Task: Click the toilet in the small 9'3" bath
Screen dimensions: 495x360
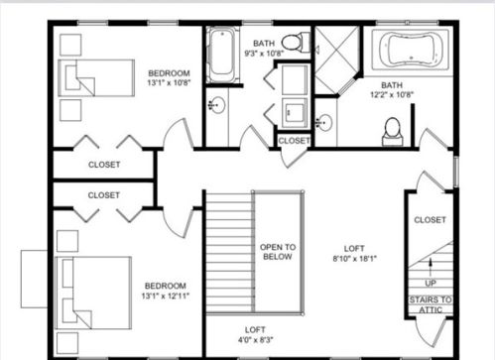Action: (x=296, y=42)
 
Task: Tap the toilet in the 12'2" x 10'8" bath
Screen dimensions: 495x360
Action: (x=393, y=132)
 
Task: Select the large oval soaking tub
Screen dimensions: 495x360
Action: (x=411, y=49)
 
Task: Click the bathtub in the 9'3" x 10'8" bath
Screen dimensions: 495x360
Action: (x=222, y=55)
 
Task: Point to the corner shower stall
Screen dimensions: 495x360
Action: (x=336, y=60)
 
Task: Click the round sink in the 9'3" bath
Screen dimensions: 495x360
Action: (x=217, y=105)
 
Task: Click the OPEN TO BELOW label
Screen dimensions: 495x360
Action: (x=278, y=252)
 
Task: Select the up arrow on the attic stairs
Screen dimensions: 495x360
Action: (x=431, y=267)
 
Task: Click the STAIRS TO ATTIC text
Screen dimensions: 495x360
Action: (x=431, y=304)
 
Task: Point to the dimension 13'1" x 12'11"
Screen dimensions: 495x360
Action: (x=166, y=296)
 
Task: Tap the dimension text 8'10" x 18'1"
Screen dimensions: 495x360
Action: (x=354, y=259)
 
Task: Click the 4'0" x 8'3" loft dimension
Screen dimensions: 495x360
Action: (x=255, y=340)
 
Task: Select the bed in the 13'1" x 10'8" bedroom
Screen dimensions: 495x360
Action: (x=96, y=78)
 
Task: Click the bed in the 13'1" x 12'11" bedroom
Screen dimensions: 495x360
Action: (x=93, y=293)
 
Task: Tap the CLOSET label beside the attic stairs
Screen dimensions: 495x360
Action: (x=430, y=220)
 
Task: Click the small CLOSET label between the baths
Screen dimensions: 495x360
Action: (x=294, y=141)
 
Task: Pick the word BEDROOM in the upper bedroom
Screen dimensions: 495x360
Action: (x=169, y=73)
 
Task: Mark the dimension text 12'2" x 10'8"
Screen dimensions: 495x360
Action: (x=392, y=95)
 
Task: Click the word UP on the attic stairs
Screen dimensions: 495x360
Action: (x=431, y=284)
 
